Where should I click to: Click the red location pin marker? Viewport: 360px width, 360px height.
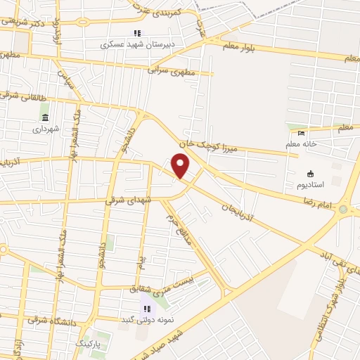coord(181,166)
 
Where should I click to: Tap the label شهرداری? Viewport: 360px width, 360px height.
coord(46,129)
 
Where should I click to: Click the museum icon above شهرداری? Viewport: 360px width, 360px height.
coord(46,117)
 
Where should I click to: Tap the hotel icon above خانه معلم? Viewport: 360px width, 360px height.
coord(302,134)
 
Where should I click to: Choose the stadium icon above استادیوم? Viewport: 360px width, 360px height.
coord(310,174)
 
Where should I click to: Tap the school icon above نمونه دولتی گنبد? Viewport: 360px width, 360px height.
coord(146,308)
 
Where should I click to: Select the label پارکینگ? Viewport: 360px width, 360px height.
coord(88,345)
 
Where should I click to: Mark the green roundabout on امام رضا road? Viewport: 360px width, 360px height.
coord(343,209)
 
